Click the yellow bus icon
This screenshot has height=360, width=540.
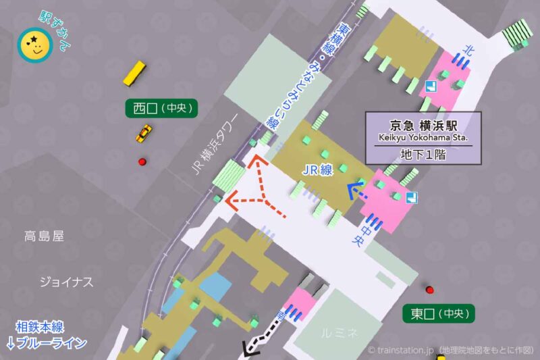(x=134, y=73)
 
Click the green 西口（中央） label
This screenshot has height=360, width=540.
(x=162, y=107)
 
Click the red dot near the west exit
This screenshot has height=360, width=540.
(x=142, y=161)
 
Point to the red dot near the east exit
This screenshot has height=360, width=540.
(x=429, y=290)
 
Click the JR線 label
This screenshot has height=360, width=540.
(x=317, y=171)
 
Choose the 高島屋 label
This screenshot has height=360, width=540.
(x=43, y=236)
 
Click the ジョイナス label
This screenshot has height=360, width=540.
(x=65, y=282)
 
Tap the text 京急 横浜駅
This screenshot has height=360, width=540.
(x=424, y=126)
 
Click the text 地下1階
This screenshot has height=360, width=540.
(x=423, y=154)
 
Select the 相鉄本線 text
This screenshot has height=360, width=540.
(x=40, y=328)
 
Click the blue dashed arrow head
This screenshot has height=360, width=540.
(x=352, y=191)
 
